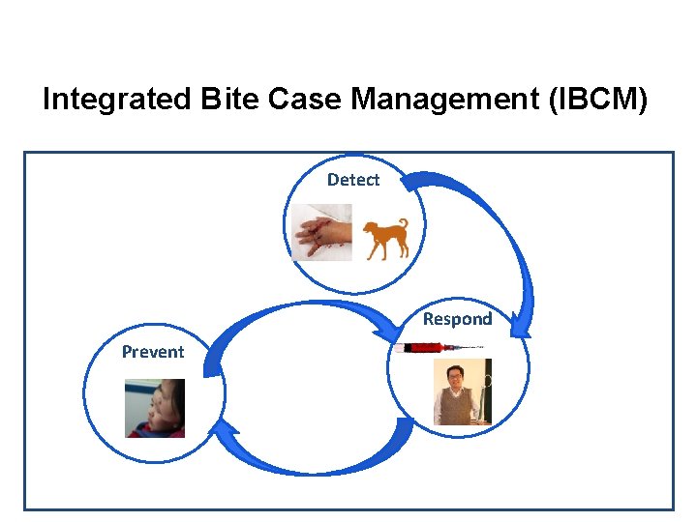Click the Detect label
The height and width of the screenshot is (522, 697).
tap(352, 180)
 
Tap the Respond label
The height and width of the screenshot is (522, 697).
tap(457, 319)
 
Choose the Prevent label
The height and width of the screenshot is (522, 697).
tap(152, 352)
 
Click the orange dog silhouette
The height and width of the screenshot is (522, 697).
tap(385, 239)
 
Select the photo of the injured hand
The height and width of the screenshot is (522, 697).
tap(322, 233)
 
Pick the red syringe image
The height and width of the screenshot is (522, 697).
tap(436, 347)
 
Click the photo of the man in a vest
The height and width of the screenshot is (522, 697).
tap(462, 391)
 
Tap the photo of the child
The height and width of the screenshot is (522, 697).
tap(155, 408)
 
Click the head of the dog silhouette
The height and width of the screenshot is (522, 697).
tap(369, 229)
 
